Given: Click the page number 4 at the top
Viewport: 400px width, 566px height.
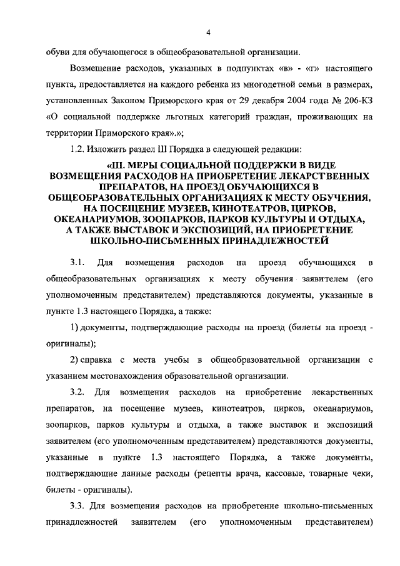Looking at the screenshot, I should (208, 32).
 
